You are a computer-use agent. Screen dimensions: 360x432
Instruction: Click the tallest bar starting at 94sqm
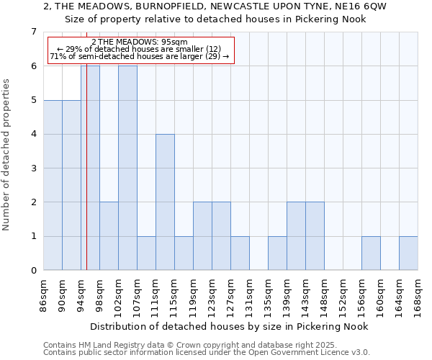(91, 168)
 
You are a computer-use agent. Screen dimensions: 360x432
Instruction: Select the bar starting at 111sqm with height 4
(165, 202)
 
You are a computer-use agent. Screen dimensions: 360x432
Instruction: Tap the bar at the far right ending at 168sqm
(408, 253)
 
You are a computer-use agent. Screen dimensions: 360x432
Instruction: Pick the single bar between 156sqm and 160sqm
(371, 253)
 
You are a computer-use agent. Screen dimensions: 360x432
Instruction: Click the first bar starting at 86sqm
(53, 185)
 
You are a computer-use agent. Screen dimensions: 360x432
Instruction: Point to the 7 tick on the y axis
(33, 32)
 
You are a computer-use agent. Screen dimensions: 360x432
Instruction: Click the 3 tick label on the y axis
(33, 168)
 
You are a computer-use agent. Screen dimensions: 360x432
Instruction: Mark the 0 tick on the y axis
(33, 271)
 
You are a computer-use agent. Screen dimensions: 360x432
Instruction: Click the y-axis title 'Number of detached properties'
(7, 155)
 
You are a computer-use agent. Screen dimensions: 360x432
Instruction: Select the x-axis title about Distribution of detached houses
(230, 326)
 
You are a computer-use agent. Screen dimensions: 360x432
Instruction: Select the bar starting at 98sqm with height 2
(109, 236)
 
